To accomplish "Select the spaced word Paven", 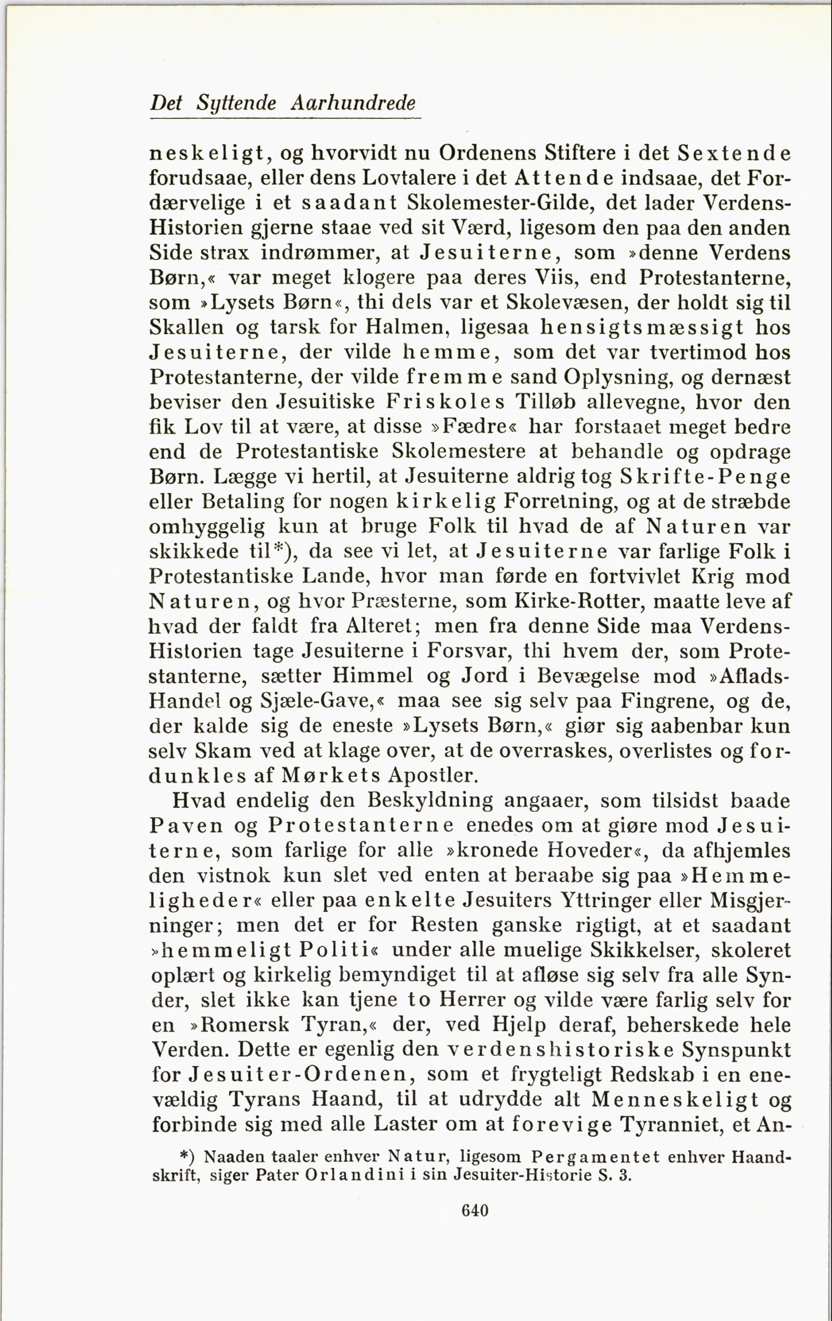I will [x=187, y=826].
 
